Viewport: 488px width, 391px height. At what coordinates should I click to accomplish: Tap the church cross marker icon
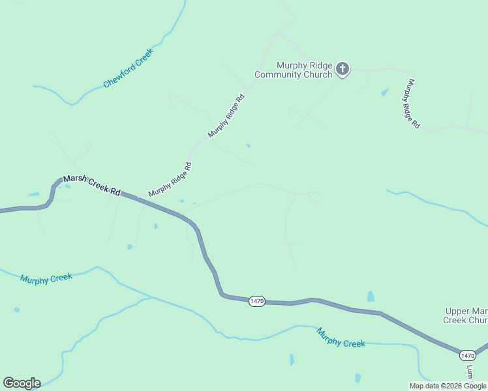[x=343, y=69]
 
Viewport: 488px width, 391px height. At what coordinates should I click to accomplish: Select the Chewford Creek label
[x=128, y=68]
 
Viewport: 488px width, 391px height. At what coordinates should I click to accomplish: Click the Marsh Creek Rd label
[x=92, y=186]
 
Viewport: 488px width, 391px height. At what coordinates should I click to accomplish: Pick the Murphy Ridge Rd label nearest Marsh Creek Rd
[x=170, y=179]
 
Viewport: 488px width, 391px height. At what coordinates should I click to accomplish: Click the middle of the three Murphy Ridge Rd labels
[x=226, y=115]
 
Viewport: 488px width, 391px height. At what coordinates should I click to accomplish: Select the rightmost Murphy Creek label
[x=341, y=337]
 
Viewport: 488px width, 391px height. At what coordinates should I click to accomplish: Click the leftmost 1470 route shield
[x=256, y=301]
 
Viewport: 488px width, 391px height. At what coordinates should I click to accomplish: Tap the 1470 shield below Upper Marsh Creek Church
[x=467, y=355]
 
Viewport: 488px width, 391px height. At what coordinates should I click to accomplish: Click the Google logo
[x=22, y=383]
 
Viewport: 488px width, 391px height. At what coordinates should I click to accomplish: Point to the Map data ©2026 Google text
[x=448, y=386]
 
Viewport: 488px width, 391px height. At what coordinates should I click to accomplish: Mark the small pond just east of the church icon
[x=384, y=93]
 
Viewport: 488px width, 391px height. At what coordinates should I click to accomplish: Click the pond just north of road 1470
[x=371, y=297]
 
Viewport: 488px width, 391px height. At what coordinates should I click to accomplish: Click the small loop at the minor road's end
[x=315, y=196]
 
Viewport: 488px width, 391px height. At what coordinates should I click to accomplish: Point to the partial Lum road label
[x=469, y=373]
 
